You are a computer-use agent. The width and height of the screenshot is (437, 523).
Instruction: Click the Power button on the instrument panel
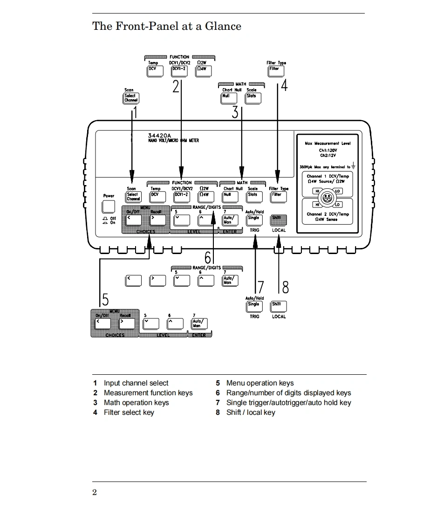coord(109,206)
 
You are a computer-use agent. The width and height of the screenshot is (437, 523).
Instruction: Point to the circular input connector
coord(328,197)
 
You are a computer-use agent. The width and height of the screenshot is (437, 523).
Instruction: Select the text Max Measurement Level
coord(328,144)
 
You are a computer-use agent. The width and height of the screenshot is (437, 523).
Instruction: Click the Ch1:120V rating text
coord(328,151)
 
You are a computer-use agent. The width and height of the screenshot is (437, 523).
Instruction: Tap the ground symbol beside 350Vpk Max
coord(354,165)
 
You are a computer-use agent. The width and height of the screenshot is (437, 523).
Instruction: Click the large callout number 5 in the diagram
coord(106,299)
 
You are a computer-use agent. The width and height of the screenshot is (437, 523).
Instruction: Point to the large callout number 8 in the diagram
coord(286,287)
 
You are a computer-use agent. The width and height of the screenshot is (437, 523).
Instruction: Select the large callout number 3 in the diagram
coord(235,112)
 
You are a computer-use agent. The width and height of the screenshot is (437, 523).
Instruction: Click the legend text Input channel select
coord(136,383)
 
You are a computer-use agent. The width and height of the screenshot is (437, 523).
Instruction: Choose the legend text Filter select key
coord(129,413)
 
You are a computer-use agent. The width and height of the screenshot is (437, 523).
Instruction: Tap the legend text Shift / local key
coord(251,413)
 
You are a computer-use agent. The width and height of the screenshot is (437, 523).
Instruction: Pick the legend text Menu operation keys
coord(260,383)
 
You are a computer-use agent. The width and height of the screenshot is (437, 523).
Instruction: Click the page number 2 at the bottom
coord(95,493)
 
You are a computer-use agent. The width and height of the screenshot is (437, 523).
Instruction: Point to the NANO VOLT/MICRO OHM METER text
coord(173,140)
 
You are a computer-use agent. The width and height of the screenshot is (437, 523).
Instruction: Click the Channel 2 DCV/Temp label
coord(328,214)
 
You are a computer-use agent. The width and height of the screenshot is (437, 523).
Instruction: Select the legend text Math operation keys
coord(136,403)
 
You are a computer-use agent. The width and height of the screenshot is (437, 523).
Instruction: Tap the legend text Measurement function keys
coord(148,393)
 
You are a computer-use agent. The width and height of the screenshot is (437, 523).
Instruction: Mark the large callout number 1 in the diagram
coord(136,112)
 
